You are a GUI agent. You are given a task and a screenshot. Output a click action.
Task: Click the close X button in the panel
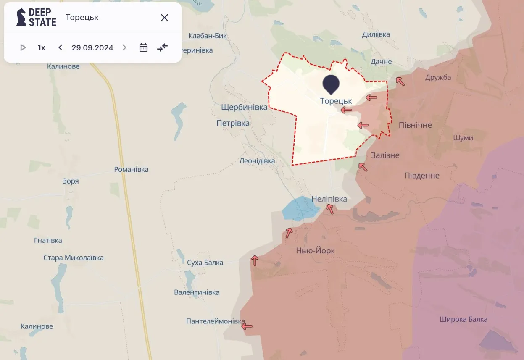[x=164, y=18]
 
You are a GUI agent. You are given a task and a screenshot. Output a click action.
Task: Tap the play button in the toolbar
[x=23, y=47]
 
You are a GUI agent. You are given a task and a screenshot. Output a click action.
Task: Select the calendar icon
[x=143, y=47]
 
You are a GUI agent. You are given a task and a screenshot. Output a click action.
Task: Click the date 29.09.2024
[x=92, y=47]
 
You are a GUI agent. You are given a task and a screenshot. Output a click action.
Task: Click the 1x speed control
[x=41, y=47]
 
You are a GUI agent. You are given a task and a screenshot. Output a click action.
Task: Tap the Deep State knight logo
[x=21, y=17]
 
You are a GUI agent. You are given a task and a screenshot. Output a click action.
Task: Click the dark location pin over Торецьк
[x=332, y=84]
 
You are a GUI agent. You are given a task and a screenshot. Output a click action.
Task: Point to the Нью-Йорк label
[x=316, y=251]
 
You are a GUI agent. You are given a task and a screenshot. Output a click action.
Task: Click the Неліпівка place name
[x=329, y=199]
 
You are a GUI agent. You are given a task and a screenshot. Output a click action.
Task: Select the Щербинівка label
[x=244, y=107]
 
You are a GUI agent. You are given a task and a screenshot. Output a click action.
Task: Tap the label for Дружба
[x=438, y=77]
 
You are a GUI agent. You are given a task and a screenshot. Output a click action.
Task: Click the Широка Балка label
[x=463, y=319]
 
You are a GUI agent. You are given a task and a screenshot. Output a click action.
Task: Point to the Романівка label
[x=131, y=169]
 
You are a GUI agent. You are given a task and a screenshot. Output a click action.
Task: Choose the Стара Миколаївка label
[x=74, y=258]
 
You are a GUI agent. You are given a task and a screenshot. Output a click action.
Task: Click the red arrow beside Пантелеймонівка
[x=247, y=326]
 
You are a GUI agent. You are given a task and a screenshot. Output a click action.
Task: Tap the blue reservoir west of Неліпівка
[x=298, y=208]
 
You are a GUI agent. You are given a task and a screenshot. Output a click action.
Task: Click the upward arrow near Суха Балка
[x=255, y=260]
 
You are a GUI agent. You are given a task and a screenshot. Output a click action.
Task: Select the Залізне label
[x=385, y=155]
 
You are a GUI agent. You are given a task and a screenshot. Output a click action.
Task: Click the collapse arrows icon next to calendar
[x=162, y=47]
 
